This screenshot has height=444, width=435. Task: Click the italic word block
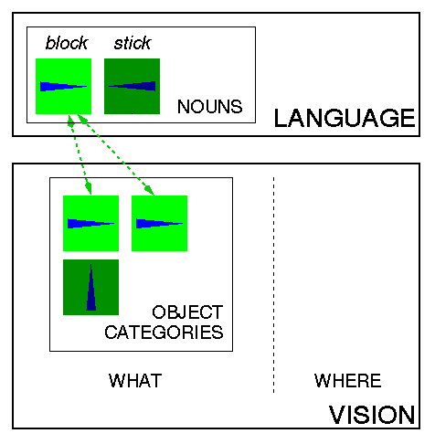pos(67,43)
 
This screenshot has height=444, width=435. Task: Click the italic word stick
pos(133,43)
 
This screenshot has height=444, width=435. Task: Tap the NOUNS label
pos(210,107)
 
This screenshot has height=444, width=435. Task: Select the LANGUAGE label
pos(345,118)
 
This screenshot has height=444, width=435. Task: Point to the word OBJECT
pos(187,312)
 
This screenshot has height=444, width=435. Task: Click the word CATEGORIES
pos(164,332)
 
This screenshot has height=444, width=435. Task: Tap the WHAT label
pos(135,381)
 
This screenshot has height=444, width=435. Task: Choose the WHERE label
pos(348,381)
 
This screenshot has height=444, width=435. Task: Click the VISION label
pos(372,415)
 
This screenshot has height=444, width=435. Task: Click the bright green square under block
pos(63,86)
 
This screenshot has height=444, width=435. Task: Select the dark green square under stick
pos(132,86)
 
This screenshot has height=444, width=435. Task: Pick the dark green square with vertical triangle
pos(90,287)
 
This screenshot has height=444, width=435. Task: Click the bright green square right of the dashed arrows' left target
pos(159,223)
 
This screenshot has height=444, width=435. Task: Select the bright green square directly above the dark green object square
pos(90,223)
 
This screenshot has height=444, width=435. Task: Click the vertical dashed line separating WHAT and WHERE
pos(273,285)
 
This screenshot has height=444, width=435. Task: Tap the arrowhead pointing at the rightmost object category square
pos(149,189)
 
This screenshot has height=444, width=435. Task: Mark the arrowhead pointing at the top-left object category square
pos(89,188)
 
